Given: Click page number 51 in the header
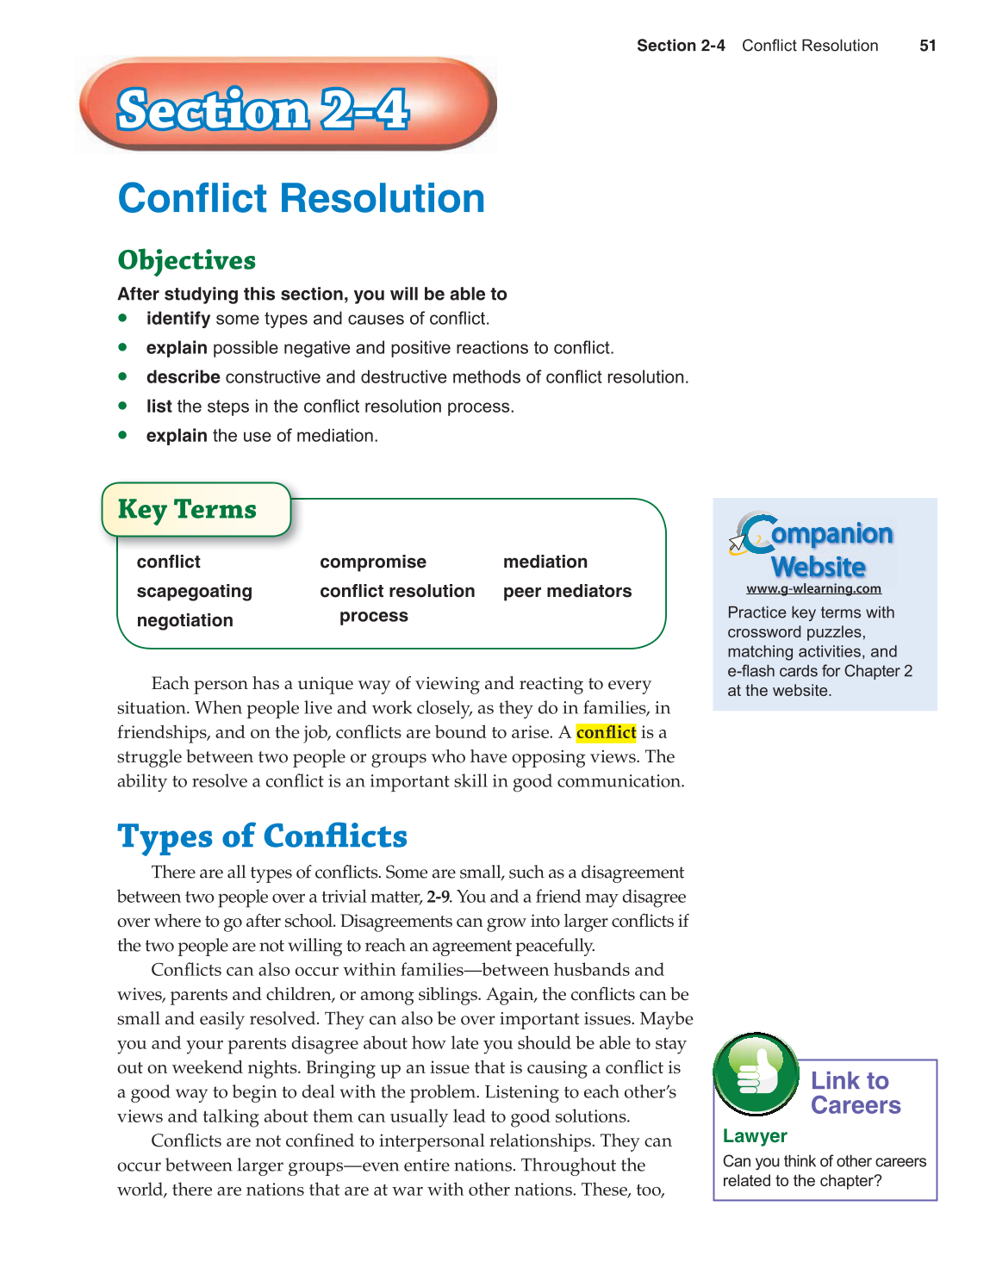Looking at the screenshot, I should click(927, 46).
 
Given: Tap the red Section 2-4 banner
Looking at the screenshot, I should click(287, 105).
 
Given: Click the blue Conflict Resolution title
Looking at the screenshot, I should click(301, 198).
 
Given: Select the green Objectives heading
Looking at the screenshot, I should click(186, 260).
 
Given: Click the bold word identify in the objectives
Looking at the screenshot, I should click(177, 319).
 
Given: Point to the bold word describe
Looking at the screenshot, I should click(183, 377).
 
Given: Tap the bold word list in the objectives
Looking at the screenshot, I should click(159, 407).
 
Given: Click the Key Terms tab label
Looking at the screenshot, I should click(187, 509).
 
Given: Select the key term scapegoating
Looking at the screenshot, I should click(194, 591).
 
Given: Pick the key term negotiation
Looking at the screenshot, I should click(184, 620).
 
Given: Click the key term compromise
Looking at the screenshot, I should click(372, 562).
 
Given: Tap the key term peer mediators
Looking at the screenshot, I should click(567, 591).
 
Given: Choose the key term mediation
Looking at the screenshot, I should click(545, 562).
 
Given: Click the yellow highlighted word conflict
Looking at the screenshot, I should click(606, 732).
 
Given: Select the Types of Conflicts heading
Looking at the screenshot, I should click(262, 836).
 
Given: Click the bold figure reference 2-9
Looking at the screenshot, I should click(438, 897).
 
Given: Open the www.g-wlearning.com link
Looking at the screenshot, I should click(813, 589).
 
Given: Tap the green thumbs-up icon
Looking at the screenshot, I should click(756, 1073).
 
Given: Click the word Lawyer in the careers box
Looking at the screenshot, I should click(755, 1136).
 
